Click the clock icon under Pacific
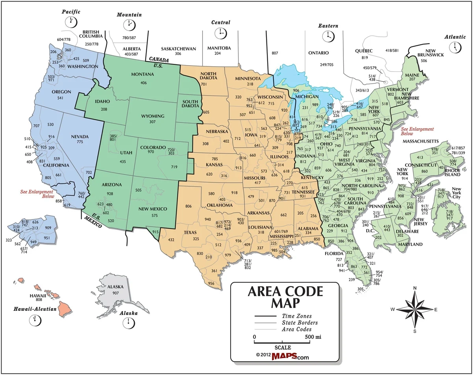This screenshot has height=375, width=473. [71, 21]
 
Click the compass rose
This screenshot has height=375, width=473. [415, 309]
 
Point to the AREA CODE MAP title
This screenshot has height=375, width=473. [285, 297]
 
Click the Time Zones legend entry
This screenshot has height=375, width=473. [296, 316]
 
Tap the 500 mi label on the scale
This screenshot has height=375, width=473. [313, 337]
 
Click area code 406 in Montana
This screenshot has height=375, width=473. [143, 82]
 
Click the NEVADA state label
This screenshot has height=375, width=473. [80, 137]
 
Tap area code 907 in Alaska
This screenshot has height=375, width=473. [115, 293]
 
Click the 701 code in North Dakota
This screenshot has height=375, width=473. [204, 84]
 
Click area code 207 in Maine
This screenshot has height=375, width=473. [412, 79]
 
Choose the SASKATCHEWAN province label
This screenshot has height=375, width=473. [178, 49]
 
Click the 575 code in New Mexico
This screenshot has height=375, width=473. [154, 216]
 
